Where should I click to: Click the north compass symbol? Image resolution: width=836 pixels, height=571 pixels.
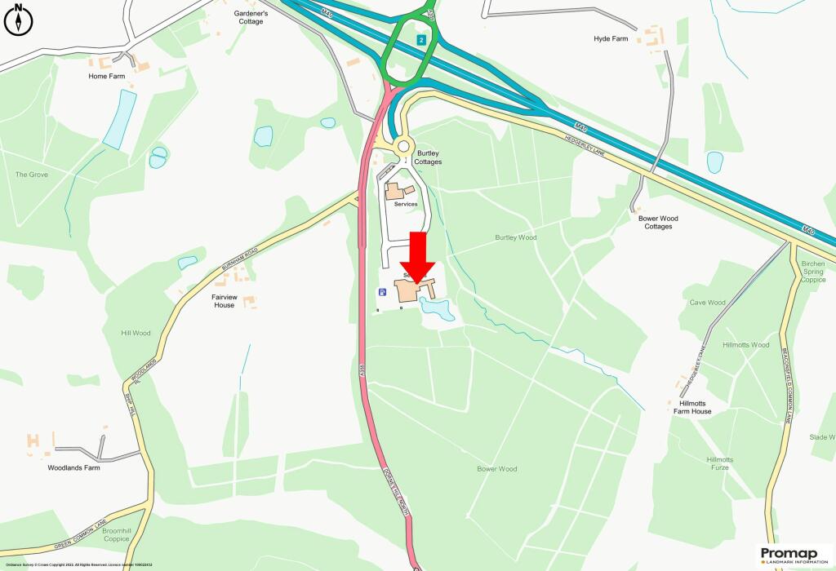pos(18,20)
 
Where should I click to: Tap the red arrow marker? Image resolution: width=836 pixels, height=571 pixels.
pos(417,257)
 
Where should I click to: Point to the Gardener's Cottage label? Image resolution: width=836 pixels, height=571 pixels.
pos(251,16)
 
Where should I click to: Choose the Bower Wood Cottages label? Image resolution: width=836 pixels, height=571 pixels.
pos(658,222)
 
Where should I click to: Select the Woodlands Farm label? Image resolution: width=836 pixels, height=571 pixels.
pos(73,468)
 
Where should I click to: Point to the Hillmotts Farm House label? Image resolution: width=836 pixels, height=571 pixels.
pos(690,407)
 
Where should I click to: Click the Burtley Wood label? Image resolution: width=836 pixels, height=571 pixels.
pos(516,237)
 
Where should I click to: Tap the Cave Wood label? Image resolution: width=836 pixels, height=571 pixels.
pos(707,303)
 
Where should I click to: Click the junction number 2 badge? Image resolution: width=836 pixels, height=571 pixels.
pos(421,40)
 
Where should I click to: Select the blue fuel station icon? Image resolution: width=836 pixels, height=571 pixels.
pos(381,292)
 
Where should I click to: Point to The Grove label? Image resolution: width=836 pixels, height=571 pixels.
pos(32,175)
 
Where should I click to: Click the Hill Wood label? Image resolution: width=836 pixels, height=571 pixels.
pos(136,333)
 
